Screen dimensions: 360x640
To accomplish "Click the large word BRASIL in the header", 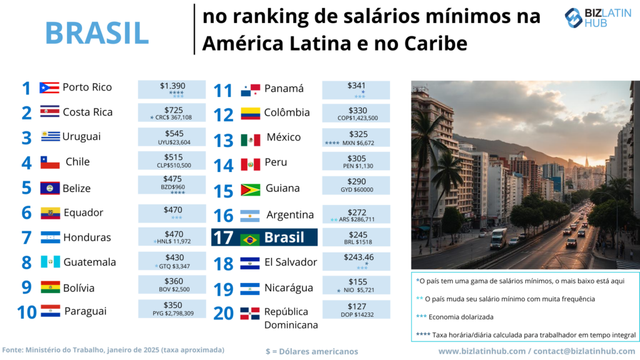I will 97,32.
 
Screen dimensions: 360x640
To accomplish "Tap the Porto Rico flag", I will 49,87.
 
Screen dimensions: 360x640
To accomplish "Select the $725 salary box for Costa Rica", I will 171,113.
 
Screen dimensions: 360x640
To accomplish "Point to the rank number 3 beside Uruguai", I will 26,137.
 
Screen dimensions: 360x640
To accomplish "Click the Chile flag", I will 50,162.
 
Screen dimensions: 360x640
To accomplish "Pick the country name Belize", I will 77,188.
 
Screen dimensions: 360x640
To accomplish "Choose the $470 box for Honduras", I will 171,237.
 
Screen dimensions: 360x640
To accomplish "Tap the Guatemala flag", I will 50,262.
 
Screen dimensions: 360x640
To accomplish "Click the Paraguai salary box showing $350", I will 171,309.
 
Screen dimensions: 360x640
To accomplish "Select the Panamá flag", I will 250,91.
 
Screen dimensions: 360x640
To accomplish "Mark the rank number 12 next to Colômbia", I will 223,115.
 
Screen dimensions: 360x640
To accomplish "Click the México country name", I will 284,137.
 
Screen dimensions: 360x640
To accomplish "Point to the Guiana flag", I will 250,189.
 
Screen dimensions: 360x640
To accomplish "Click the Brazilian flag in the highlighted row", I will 250,239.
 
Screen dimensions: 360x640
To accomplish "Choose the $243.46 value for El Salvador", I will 357,257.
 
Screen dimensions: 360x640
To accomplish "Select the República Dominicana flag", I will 250,313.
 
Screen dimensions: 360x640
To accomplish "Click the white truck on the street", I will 499,237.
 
